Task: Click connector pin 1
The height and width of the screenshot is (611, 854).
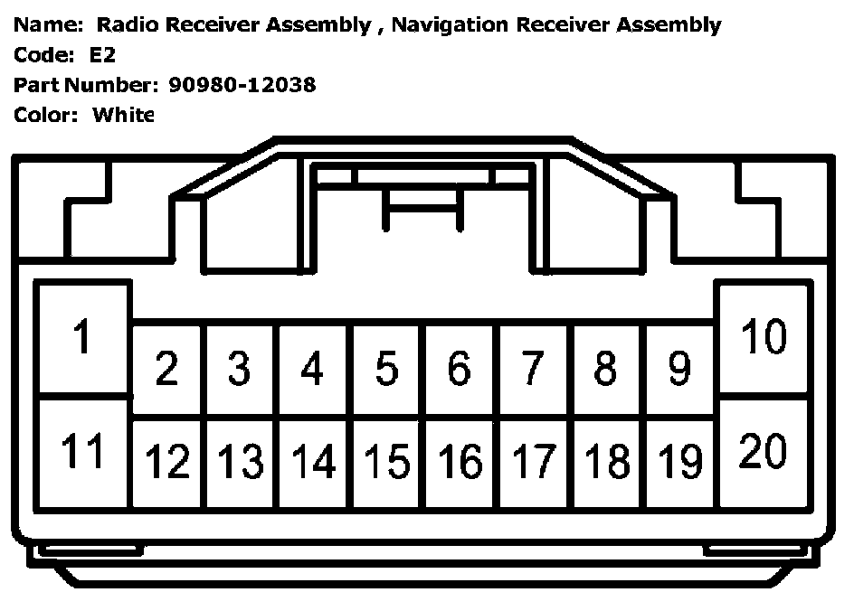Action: coord(82,338)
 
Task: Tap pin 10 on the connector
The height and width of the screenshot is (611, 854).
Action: coord(764,338)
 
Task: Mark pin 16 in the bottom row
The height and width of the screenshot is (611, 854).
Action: coord(460,462)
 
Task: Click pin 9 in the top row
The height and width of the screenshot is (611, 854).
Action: coord(679,369)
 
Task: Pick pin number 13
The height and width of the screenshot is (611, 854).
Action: coord(240,462)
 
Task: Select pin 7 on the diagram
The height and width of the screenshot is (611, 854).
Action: coord(533,369)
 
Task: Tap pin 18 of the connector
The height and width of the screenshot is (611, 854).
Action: coord(607,462)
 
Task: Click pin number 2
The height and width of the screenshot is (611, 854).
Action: coord(166,369)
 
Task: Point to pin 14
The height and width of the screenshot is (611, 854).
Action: coord(313,462)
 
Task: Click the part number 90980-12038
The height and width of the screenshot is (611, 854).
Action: coord(242,85)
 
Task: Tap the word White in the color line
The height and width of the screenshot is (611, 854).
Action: coord(123,115)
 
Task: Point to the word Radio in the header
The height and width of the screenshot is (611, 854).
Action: coord(125,25)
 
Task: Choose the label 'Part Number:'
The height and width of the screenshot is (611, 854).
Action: coord(86,85)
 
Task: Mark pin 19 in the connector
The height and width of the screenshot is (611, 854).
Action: coord(680,462)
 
